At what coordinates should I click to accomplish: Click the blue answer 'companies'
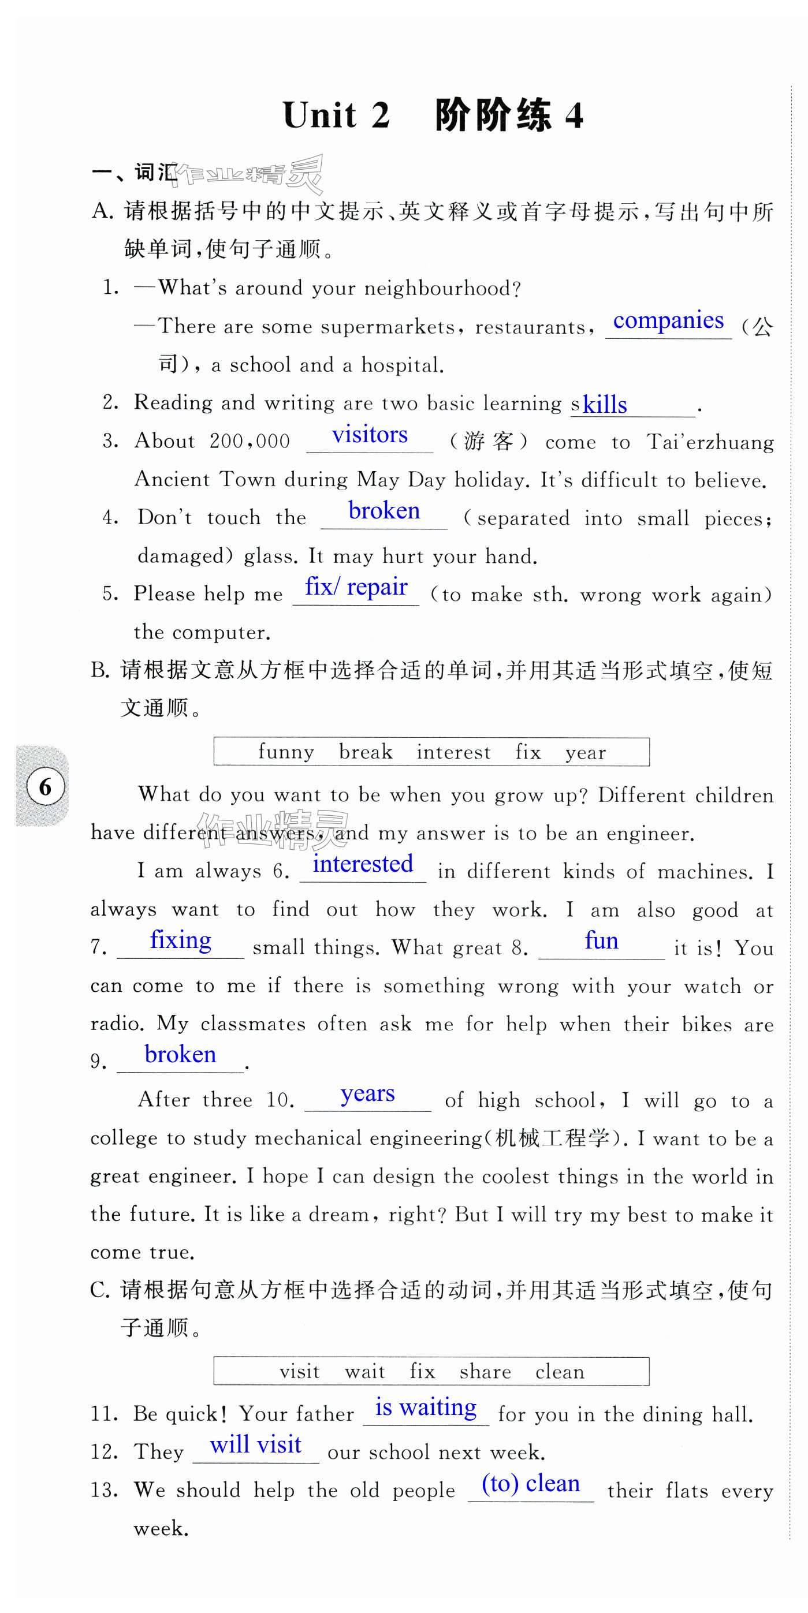coord(668,320)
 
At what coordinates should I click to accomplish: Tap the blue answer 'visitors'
coord(370,435)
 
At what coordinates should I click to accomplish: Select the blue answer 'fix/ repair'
coord(356,587)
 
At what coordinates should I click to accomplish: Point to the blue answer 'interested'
coord(363,864)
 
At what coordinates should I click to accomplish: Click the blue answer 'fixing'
coord(180,940)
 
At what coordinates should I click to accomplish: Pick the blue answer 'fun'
coord(601,940)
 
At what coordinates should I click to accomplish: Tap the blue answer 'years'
coord(367,1093)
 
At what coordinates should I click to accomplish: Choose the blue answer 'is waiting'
coord(425,1407)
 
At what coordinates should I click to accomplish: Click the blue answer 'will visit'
coord(255,1445)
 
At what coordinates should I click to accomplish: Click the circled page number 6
coord(45,786)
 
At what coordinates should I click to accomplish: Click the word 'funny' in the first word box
coord(286,752)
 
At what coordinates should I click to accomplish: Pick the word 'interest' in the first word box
coord(453,752)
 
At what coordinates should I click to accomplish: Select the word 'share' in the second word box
coord(485,1372)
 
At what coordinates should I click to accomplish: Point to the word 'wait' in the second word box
coord(364,1372)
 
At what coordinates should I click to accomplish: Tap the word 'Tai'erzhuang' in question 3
coord(710,442)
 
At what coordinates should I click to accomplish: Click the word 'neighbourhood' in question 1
coord(442,289)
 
